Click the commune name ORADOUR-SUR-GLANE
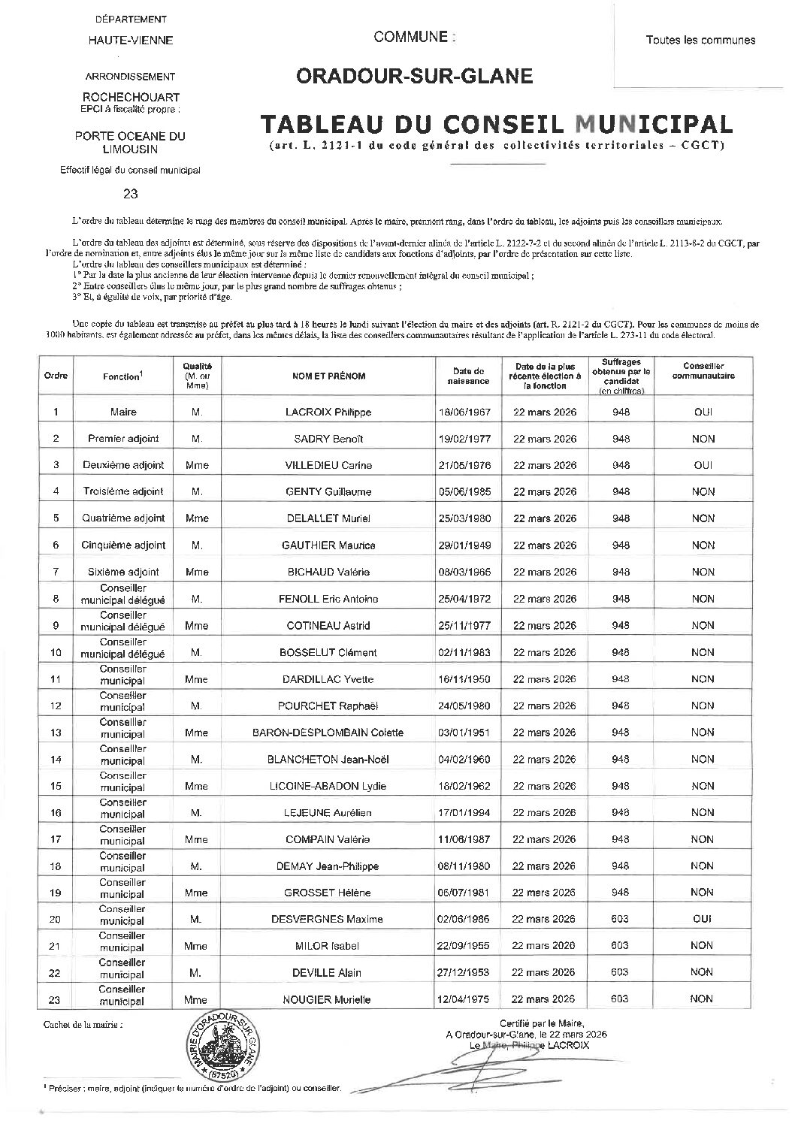pyautogui.click(x=414, y=76)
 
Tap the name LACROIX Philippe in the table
pyautogui.click(x=328, y=412)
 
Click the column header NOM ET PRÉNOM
pyautogui.click(x=328, y=376)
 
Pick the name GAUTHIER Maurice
pyautogui.click(x=328, y=545)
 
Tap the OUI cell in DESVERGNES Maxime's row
pyautogui.click(x=703, y=919)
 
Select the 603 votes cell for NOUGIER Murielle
pyautogui.click(x=620, y=999)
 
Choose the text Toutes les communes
pyautogui.click(x=700, y=40)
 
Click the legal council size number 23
pyautogui.click(x=131, y=193)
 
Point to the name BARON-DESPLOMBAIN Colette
pyautogui.click(x=334, y=733)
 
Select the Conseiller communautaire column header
pyautogui.click(x=703, y=370)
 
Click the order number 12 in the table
pyautogui.click(x=56, y=706)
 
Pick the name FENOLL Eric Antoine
pyautogui.click(x=328, y=599)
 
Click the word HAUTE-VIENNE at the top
pyautogui.click(x=131, y=40)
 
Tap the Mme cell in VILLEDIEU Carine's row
pyautogui.click(x=196, y=465)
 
